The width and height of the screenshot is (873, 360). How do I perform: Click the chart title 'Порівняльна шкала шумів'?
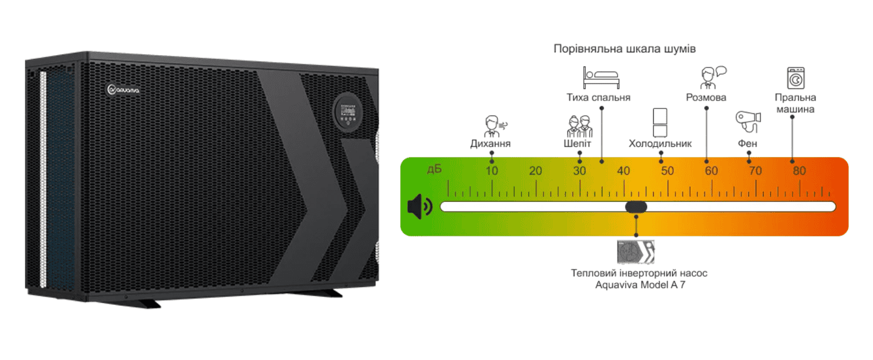click(624, 49)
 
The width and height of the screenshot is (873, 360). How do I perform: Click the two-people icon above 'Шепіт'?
click(578, 126)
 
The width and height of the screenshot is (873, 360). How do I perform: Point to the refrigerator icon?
click(660, 122)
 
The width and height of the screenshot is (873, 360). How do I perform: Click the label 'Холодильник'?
click(660, 144)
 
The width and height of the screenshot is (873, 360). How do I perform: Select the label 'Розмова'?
click(706, 98)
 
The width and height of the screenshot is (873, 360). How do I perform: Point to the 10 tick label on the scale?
click(492, 171)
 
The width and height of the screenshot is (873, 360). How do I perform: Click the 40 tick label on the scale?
click(623, 171)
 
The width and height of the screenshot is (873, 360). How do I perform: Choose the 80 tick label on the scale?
click(799, 171)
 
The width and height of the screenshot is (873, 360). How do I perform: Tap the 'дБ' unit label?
click(435, 169)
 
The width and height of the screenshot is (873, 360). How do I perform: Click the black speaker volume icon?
click(419, 207)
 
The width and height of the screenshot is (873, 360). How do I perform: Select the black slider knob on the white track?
click(636, 207)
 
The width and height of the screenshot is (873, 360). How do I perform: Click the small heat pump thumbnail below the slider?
click(636, 252)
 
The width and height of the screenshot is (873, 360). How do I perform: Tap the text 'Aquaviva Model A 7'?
click(639, 285)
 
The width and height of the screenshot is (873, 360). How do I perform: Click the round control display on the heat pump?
click(347, 112)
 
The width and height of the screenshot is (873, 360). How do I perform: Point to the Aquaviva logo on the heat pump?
click(123, 90)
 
